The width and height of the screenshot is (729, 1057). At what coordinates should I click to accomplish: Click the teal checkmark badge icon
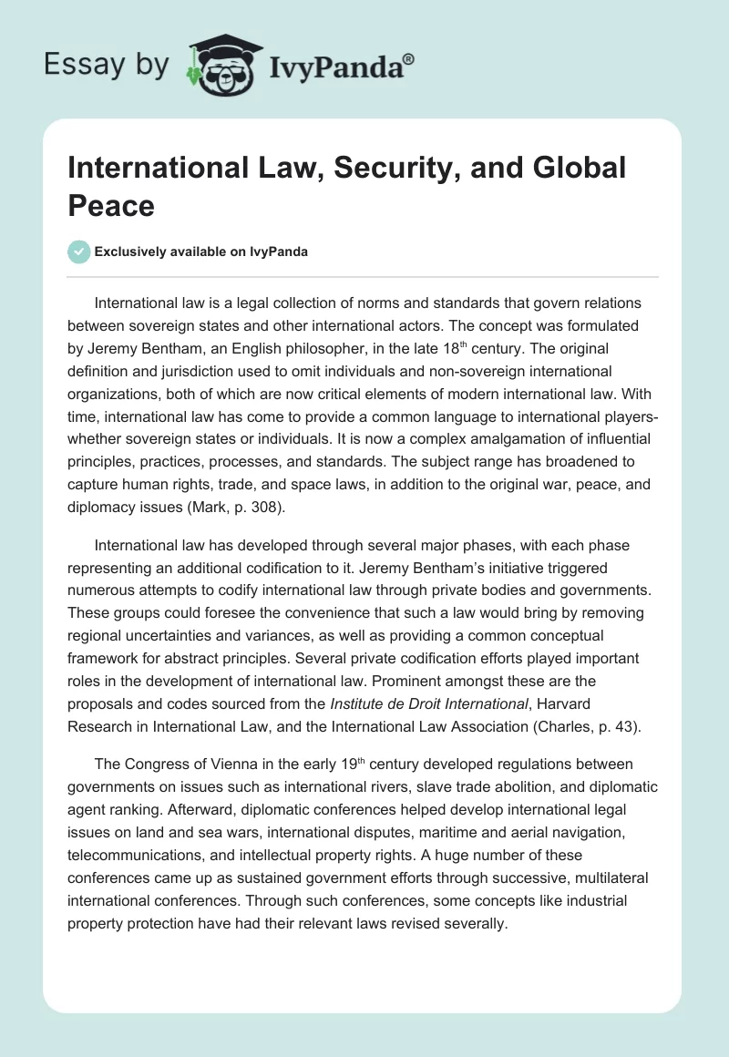tap(79, 251)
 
